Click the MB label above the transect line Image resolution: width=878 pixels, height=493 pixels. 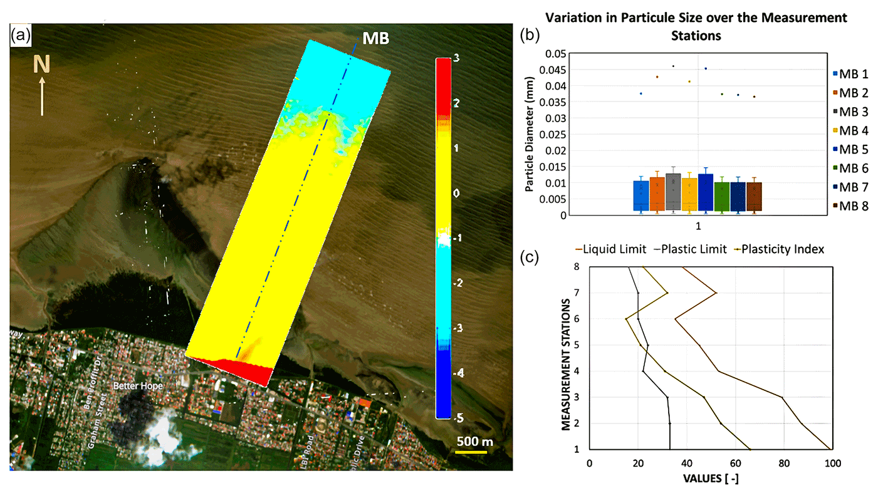377,38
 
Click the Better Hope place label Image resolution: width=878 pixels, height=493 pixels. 137,386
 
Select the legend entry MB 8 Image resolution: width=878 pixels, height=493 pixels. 853,205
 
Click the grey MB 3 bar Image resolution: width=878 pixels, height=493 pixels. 673,200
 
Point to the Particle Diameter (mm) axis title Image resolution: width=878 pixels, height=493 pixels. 530,135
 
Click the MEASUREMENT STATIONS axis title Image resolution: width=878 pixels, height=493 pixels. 567,364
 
